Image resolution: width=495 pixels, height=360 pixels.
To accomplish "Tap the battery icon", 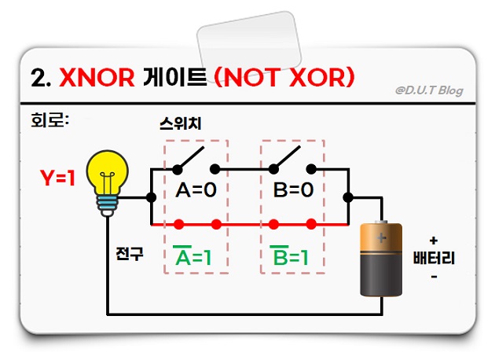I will coord(380,259).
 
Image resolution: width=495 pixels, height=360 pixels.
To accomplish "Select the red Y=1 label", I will coord(57,178).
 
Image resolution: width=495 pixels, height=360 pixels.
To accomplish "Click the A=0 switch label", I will coord(196,190).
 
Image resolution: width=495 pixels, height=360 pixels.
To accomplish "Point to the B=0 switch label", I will coord(292,190).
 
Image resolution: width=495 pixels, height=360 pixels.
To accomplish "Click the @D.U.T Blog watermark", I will coord(429,90).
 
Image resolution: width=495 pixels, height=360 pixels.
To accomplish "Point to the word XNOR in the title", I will coord(97,77).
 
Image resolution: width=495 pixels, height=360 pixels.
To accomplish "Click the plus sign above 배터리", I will coord(434,240).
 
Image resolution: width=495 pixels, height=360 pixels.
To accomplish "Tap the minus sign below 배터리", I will coord(434,277).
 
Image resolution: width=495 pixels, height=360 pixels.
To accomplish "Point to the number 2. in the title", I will coord(39,78).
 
